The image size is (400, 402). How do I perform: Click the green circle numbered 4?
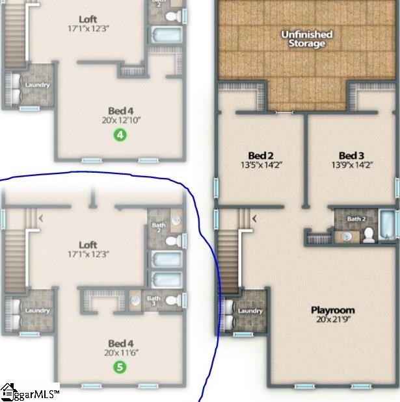tap(120, 134)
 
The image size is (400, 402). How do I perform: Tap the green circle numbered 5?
tap(120, 367)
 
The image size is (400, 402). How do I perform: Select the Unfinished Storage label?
tap(306, 38)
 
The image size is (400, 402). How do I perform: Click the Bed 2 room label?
tap(260, 155)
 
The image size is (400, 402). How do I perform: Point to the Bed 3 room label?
tap(351, 155)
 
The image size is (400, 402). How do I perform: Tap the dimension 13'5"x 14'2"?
tap(260, 165)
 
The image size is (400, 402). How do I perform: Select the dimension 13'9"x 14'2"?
tap(351, 165)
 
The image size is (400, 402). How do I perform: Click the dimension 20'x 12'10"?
tap(121, 119)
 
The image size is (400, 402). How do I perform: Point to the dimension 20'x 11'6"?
tap(121, 353)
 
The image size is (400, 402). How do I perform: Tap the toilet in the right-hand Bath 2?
tap(368, 234)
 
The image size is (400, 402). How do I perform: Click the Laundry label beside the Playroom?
tap(250, 311)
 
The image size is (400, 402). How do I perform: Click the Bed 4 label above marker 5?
tap(121, 343)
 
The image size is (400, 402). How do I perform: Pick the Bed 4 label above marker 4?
tap(121, 110)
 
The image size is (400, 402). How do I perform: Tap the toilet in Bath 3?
tap(172, 301)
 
